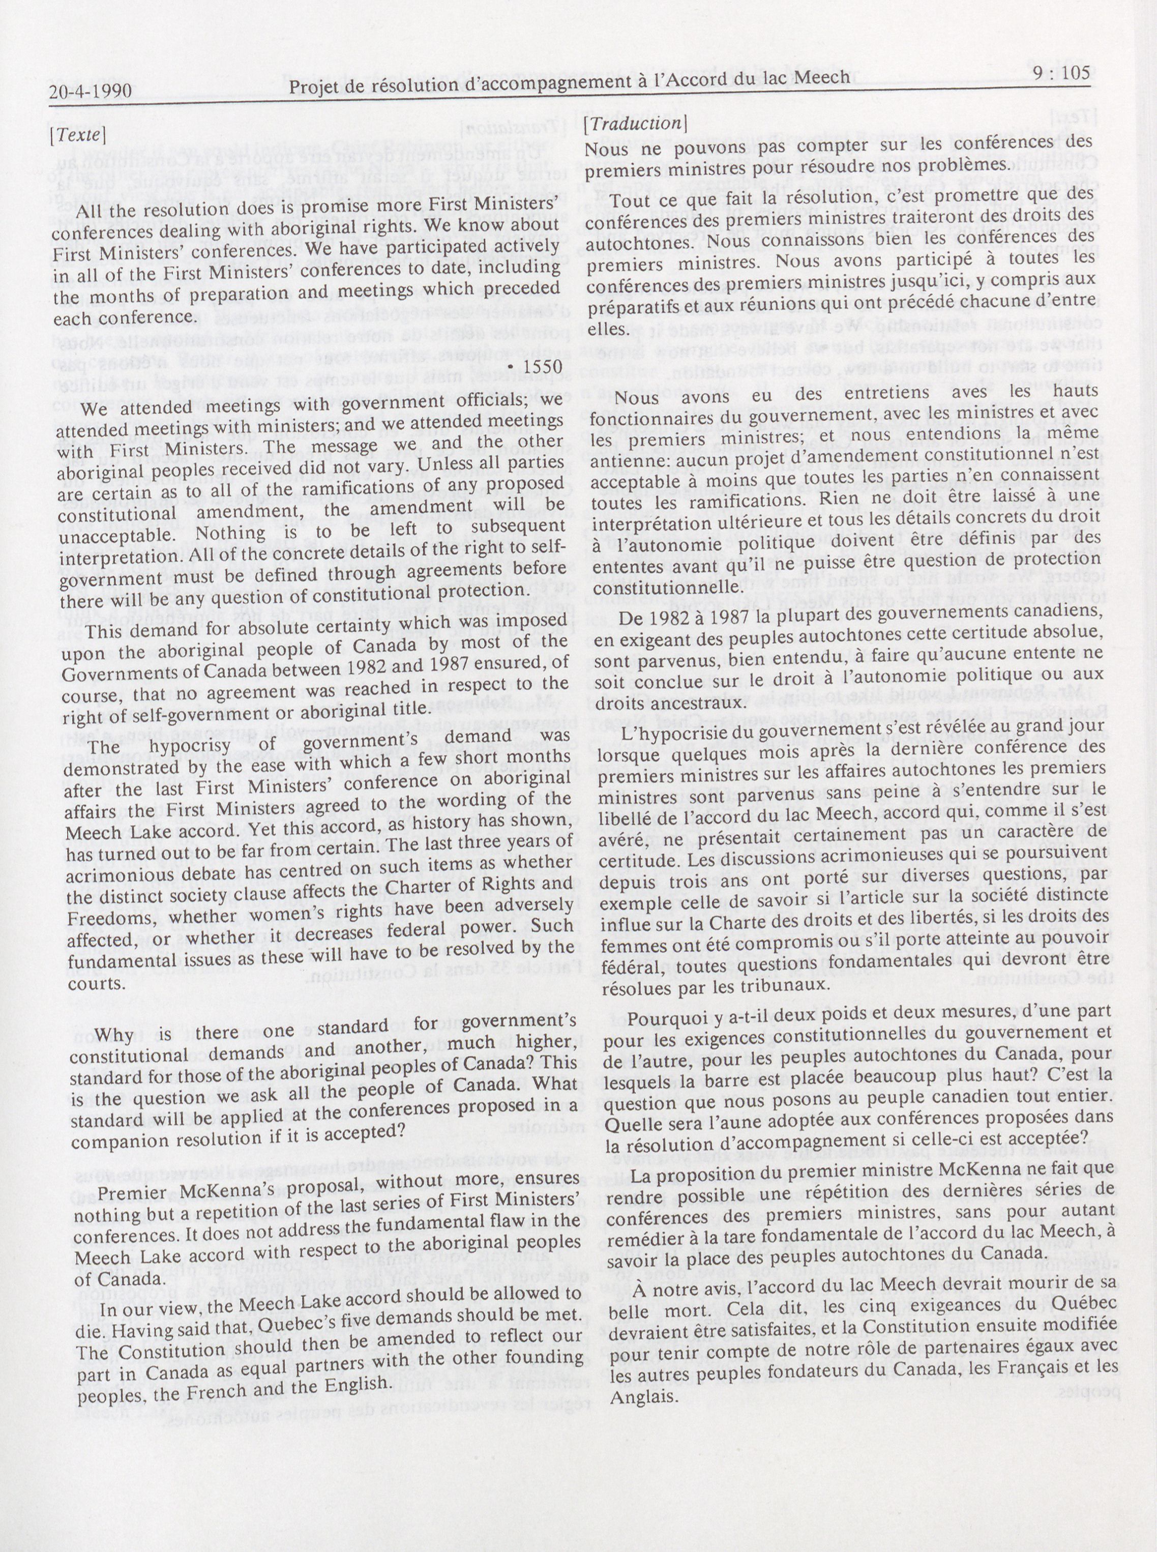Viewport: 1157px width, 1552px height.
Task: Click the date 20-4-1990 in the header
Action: coord(91,91)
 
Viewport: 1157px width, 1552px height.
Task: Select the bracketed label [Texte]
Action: coord(78,134)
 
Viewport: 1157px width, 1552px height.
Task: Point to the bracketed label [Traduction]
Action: coord(635,123)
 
